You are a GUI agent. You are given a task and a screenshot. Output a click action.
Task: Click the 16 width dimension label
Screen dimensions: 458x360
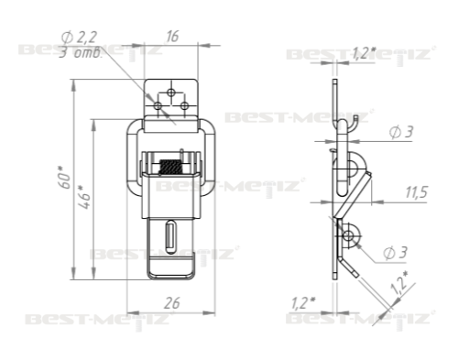[172, 37]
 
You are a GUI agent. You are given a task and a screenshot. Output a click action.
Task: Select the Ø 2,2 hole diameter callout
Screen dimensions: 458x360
[79, 38]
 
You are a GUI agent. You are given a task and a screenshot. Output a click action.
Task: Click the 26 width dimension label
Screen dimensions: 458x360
[172, 303]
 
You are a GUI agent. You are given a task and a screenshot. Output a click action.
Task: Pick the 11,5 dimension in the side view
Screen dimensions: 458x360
[417, 192]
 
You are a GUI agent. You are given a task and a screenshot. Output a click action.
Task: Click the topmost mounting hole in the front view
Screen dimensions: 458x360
[171, 93]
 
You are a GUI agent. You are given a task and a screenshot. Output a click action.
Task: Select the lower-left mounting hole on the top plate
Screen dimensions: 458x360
[158, 106]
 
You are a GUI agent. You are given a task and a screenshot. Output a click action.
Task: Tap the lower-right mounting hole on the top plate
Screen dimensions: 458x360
[184, 106]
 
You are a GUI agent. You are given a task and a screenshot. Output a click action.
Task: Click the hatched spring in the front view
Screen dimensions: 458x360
[171, 167]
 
